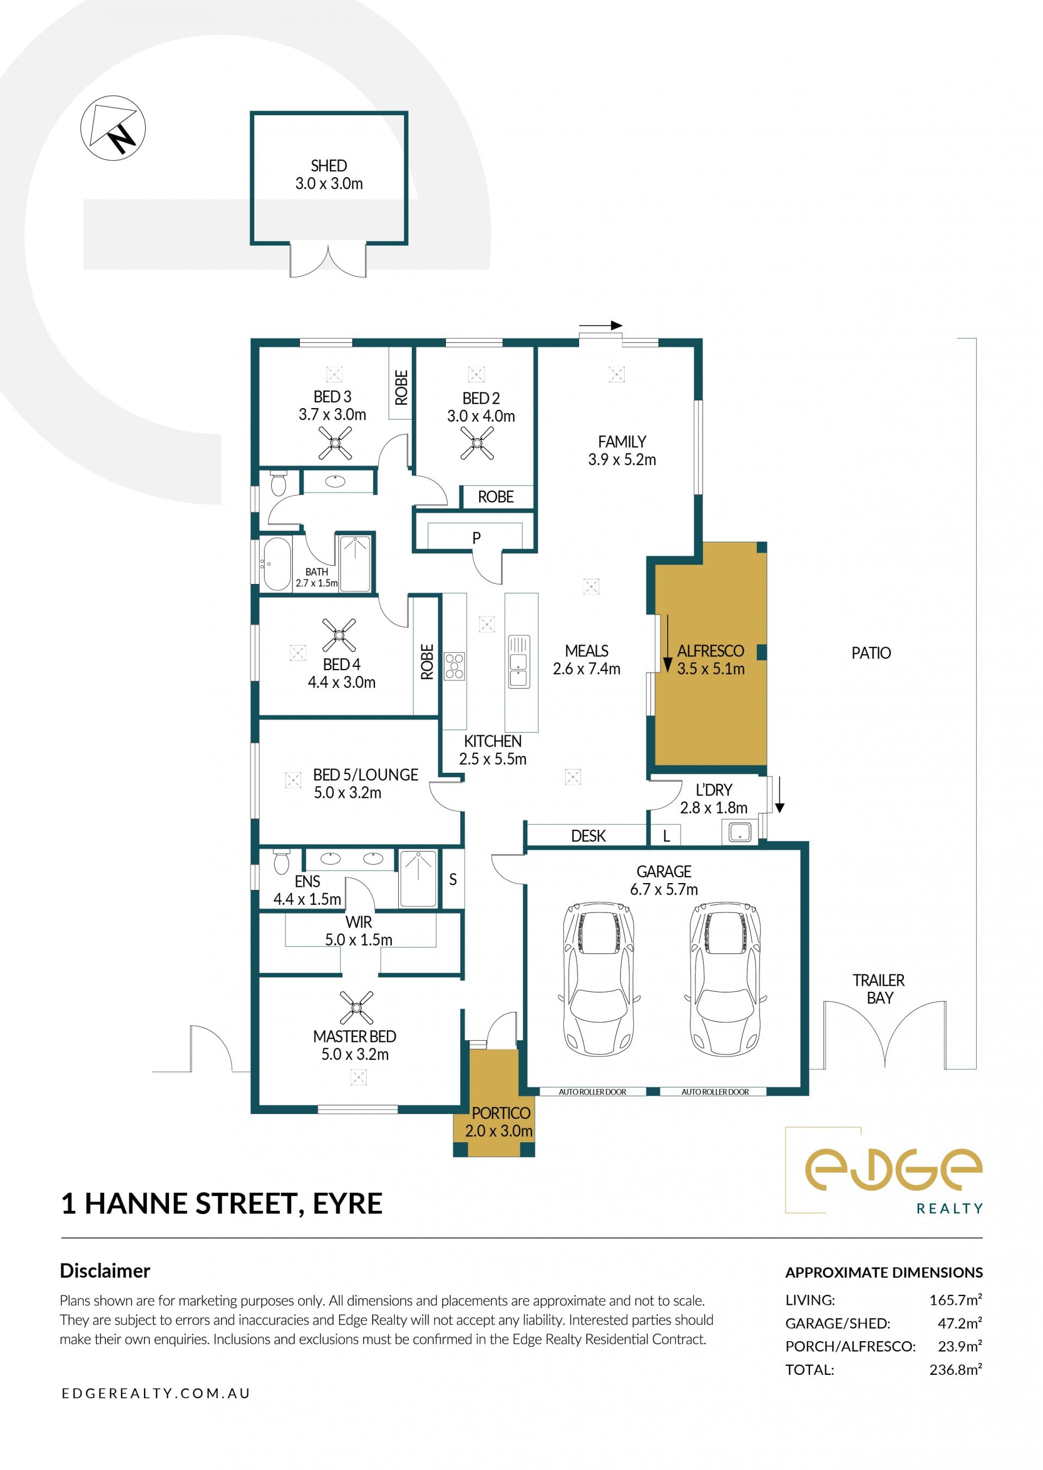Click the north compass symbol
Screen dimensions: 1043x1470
[x=113, y=128]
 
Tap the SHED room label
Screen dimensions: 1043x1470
[x=329, y=166]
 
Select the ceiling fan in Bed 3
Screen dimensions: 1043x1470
[x=335, y=443]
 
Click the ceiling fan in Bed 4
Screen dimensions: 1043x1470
[x=339, y=635]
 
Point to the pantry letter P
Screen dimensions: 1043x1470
[x=476, y=538]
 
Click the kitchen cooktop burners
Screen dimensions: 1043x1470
[x=454, y=666]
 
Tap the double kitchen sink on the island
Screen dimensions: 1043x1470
[x=519, y=661]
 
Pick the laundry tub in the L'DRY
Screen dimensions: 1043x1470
[x=740, y=832]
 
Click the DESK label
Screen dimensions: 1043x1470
[x=588, y=836]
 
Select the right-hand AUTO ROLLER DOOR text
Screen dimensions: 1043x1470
[x=715, y=1092]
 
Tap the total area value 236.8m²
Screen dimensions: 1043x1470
[x=956, y=1369]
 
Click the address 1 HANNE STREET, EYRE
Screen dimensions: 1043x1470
[x=222, y=1203]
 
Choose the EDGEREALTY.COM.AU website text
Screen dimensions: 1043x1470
[x=156, y=1393]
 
